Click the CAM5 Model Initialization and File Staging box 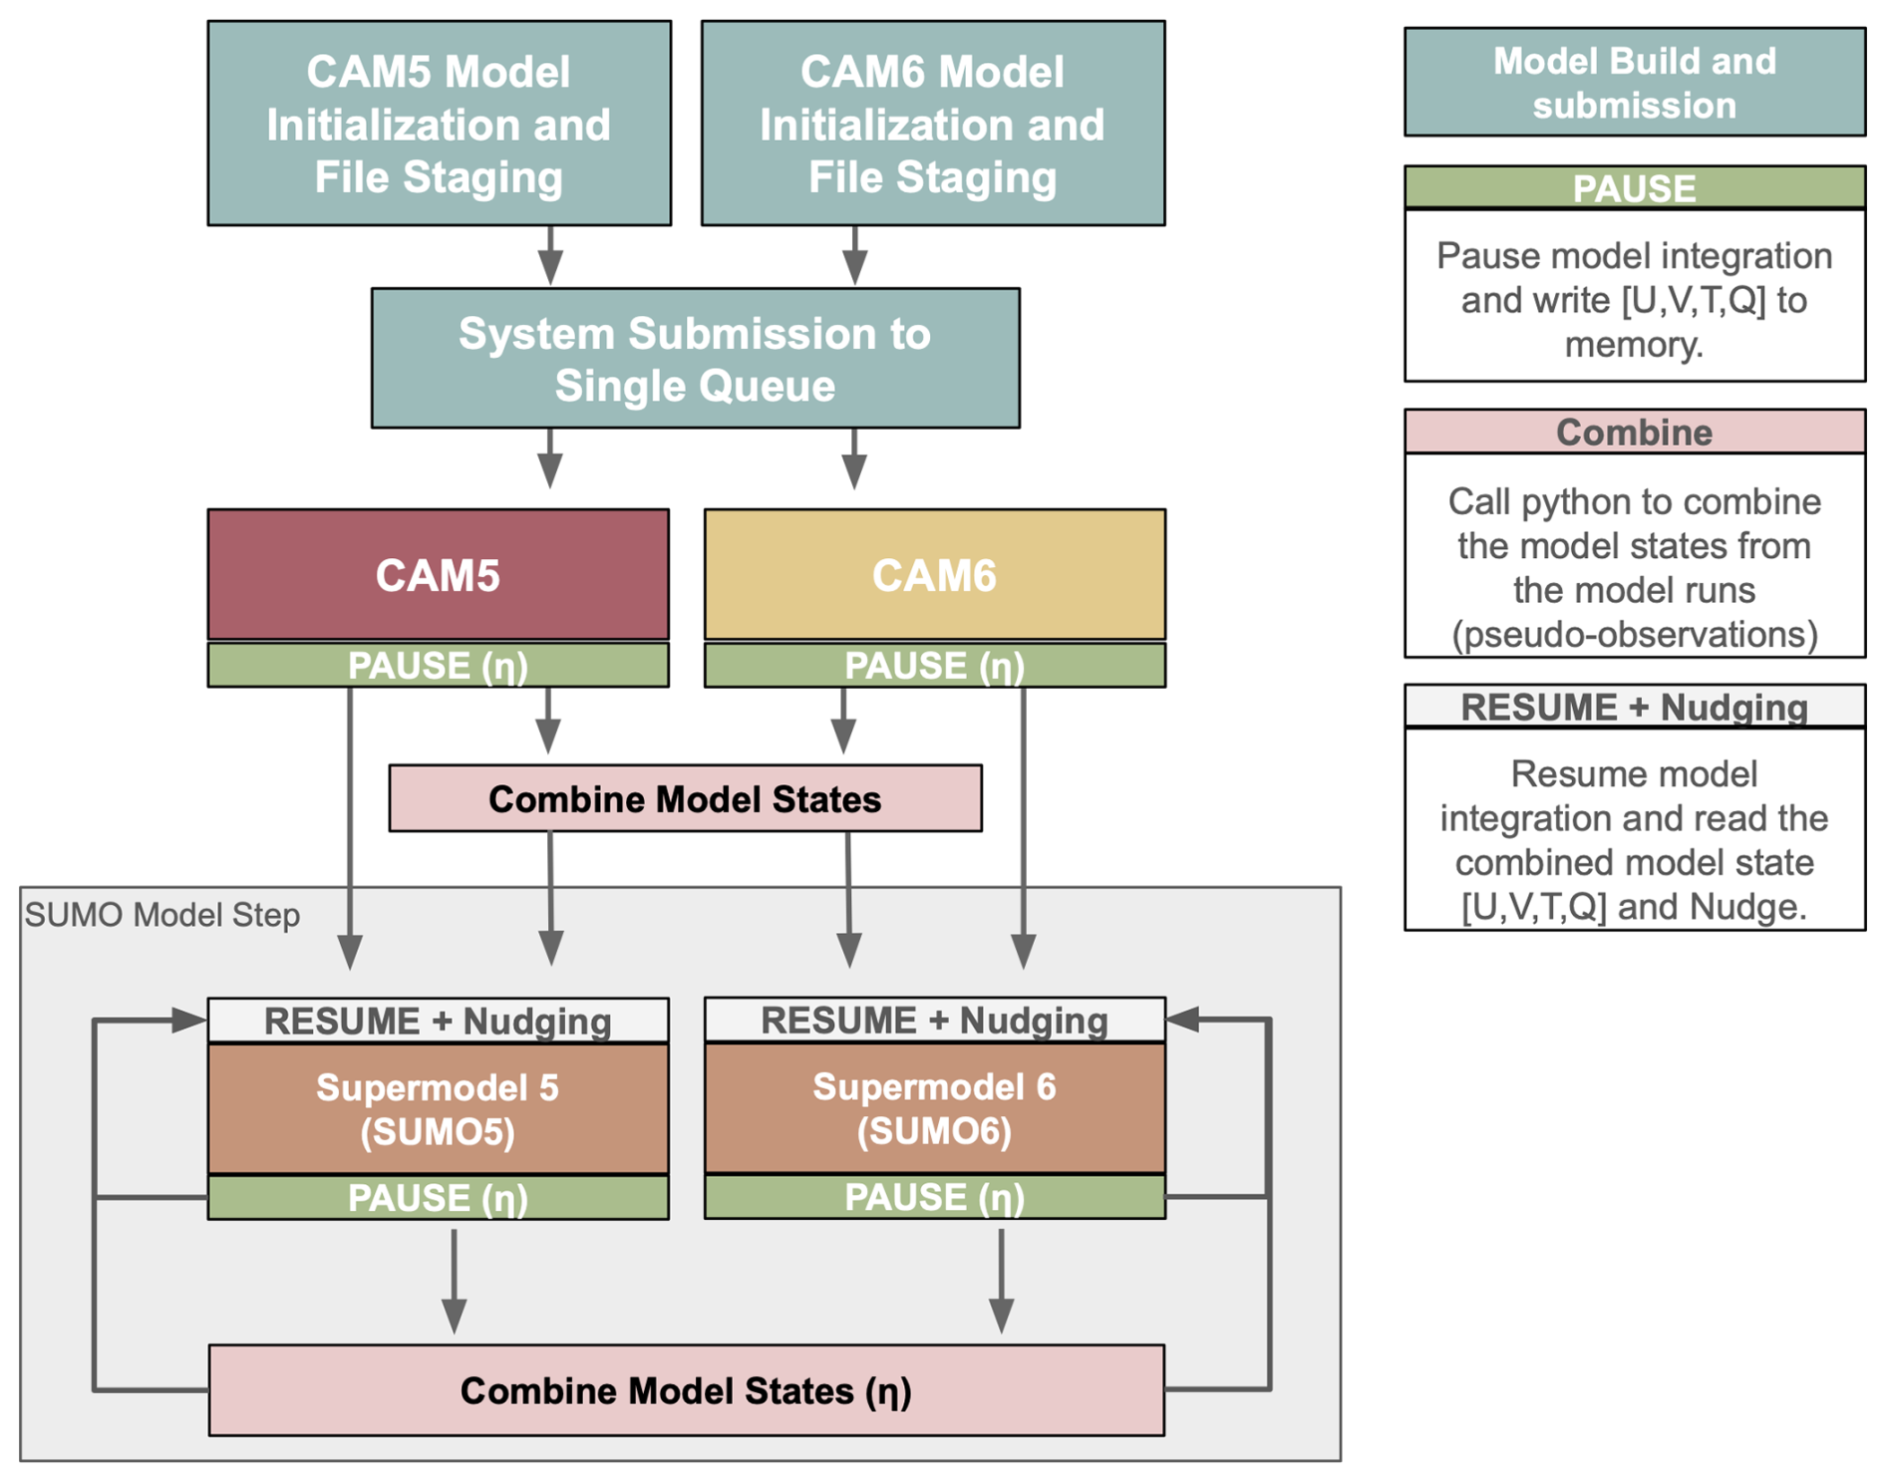(439, 124)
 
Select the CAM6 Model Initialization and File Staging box (932, 124)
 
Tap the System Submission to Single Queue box (695, 359)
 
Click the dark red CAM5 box (438, 575)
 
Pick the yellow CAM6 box (934, 575)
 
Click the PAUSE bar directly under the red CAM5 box (438, 666)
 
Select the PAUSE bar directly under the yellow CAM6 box (934, 666)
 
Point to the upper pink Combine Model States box (685, 798)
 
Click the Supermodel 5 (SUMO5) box (438, 1108)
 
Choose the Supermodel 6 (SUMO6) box (934, 1108)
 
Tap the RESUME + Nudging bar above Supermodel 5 (438, 1021)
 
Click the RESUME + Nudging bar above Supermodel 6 (934, 1021)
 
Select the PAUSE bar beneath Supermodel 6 (934, 1197)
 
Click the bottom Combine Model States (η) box (686, 1390)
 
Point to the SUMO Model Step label (162, 915)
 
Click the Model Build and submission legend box (1634, 83)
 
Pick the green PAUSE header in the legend (1634, 187)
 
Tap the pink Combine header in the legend (1634, 432)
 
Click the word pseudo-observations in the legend (1634, 634)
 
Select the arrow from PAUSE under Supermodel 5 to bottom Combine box (455, 1281)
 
